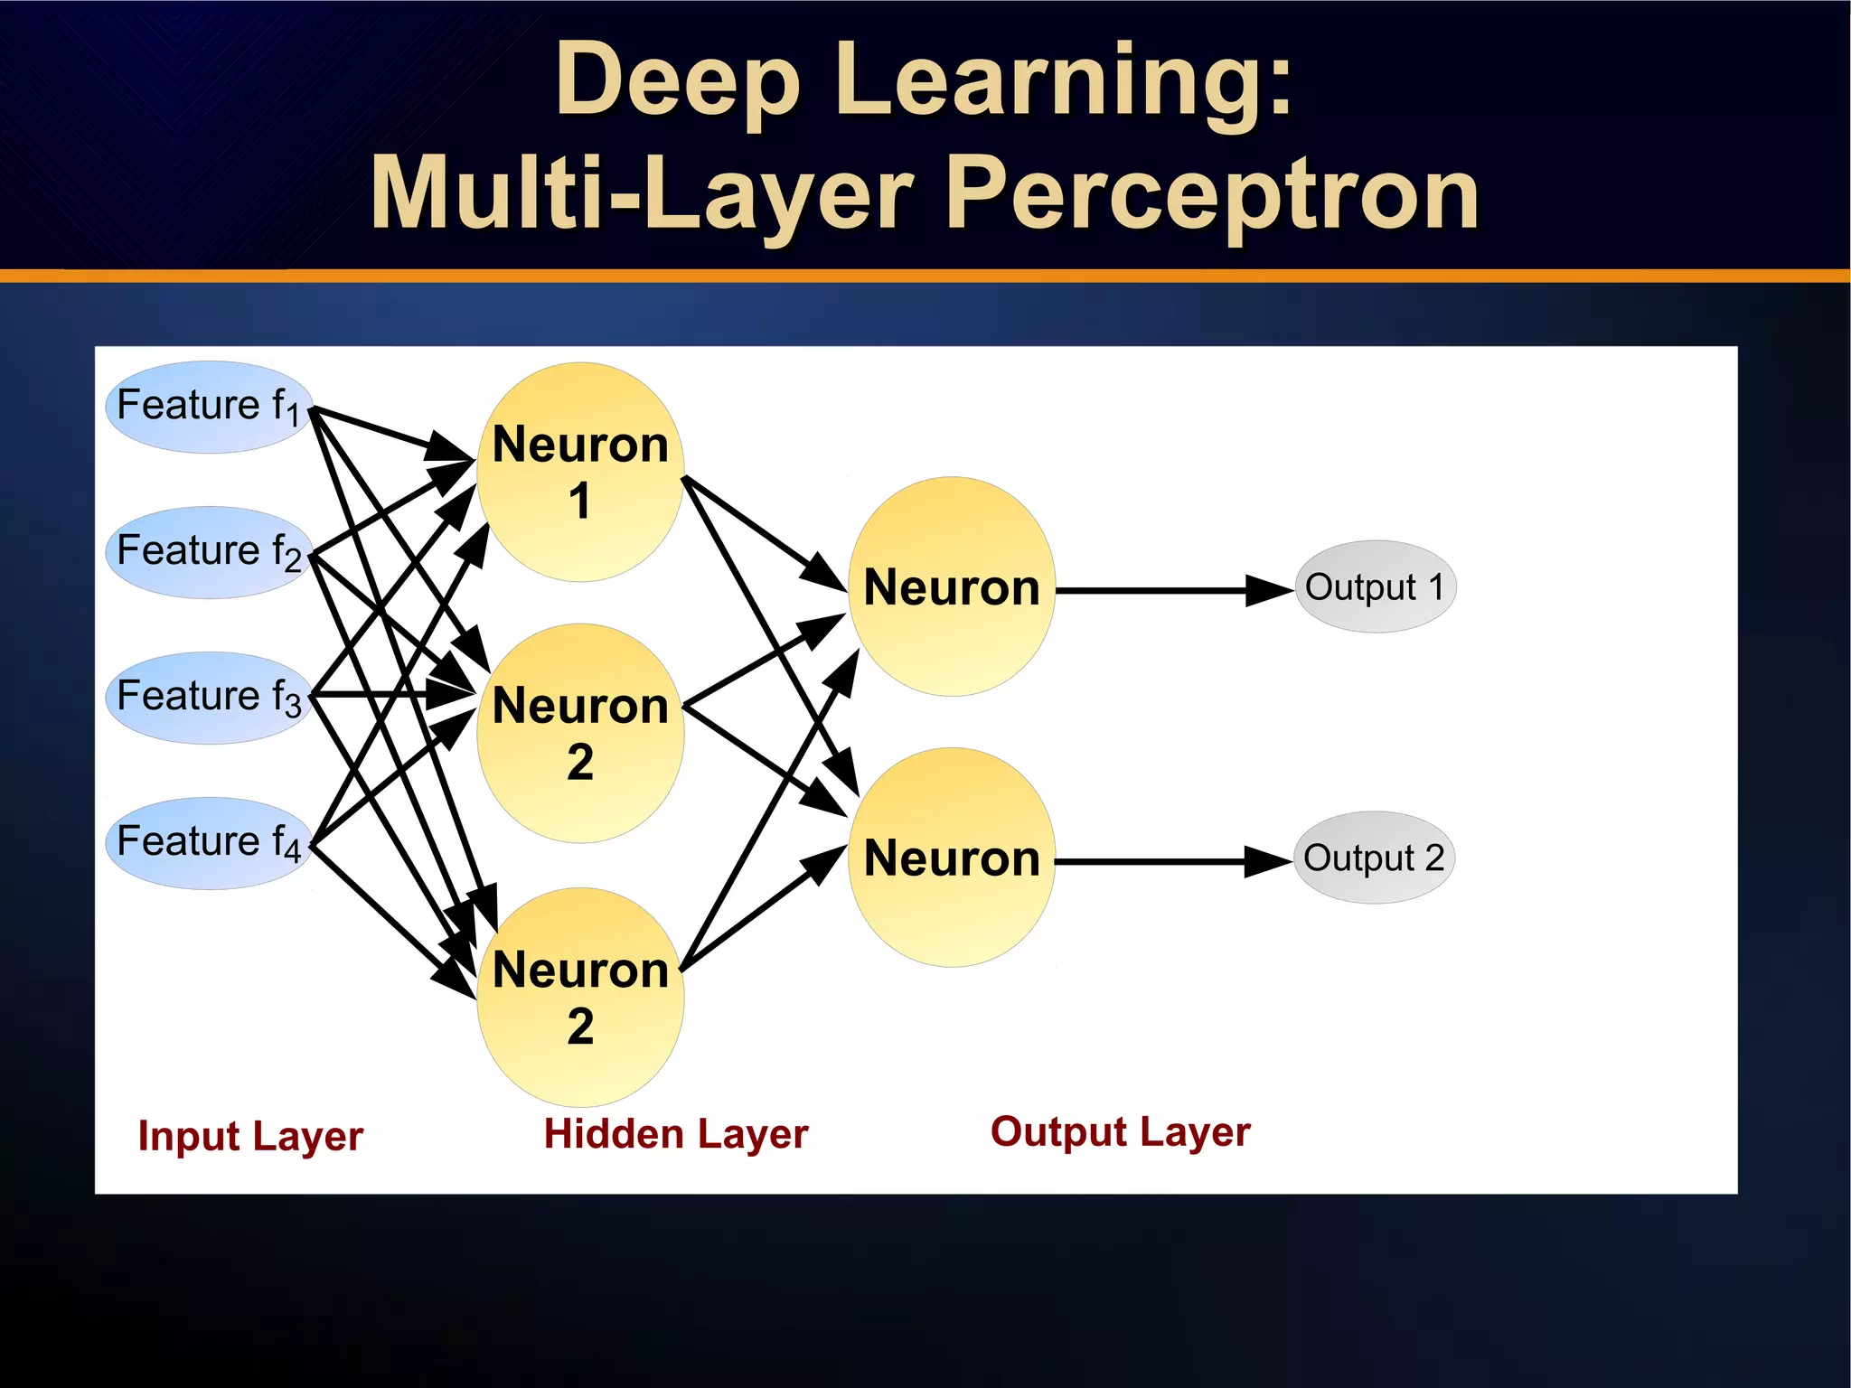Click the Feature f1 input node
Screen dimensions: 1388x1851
pyautogui.click(x=209, y=407)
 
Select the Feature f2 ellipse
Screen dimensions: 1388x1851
pyautogui.click(x=209, y=552)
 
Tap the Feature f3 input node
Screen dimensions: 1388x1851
pyautogui.click(x=209, y=698)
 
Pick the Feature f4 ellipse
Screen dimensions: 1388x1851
pyautogui.click(x=209, y=843)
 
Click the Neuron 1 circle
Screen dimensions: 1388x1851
pyautogui.click(x=580, y=472)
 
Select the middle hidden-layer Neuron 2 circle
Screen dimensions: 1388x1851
pyautogui.click(x=580, y=733)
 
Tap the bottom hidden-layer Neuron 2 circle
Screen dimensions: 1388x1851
pyautogui.click(x=580, y=997)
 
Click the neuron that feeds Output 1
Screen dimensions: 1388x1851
pyautogui.click(x=952, y=586)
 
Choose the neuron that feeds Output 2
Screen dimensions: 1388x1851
pyautogui.click(x=952, y=858)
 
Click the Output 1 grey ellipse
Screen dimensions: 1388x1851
pyautogui.click(x=1375, y=586)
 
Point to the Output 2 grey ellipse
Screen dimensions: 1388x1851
pyautogui.click(x=1374, y=858)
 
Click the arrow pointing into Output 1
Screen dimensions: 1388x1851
pyautogui.click(x=1175, y=590)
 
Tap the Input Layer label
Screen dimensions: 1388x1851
pyautogui.click(x=250, y=1136)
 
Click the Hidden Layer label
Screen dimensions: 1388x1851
pyautogui.click(x=675, y=1134)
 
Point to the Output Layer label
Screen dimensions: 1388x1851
pyautogui.click(x=1120, y=1131)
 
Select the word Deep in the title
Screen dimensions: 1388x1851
pyautogui.click(x=678, y=81)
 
